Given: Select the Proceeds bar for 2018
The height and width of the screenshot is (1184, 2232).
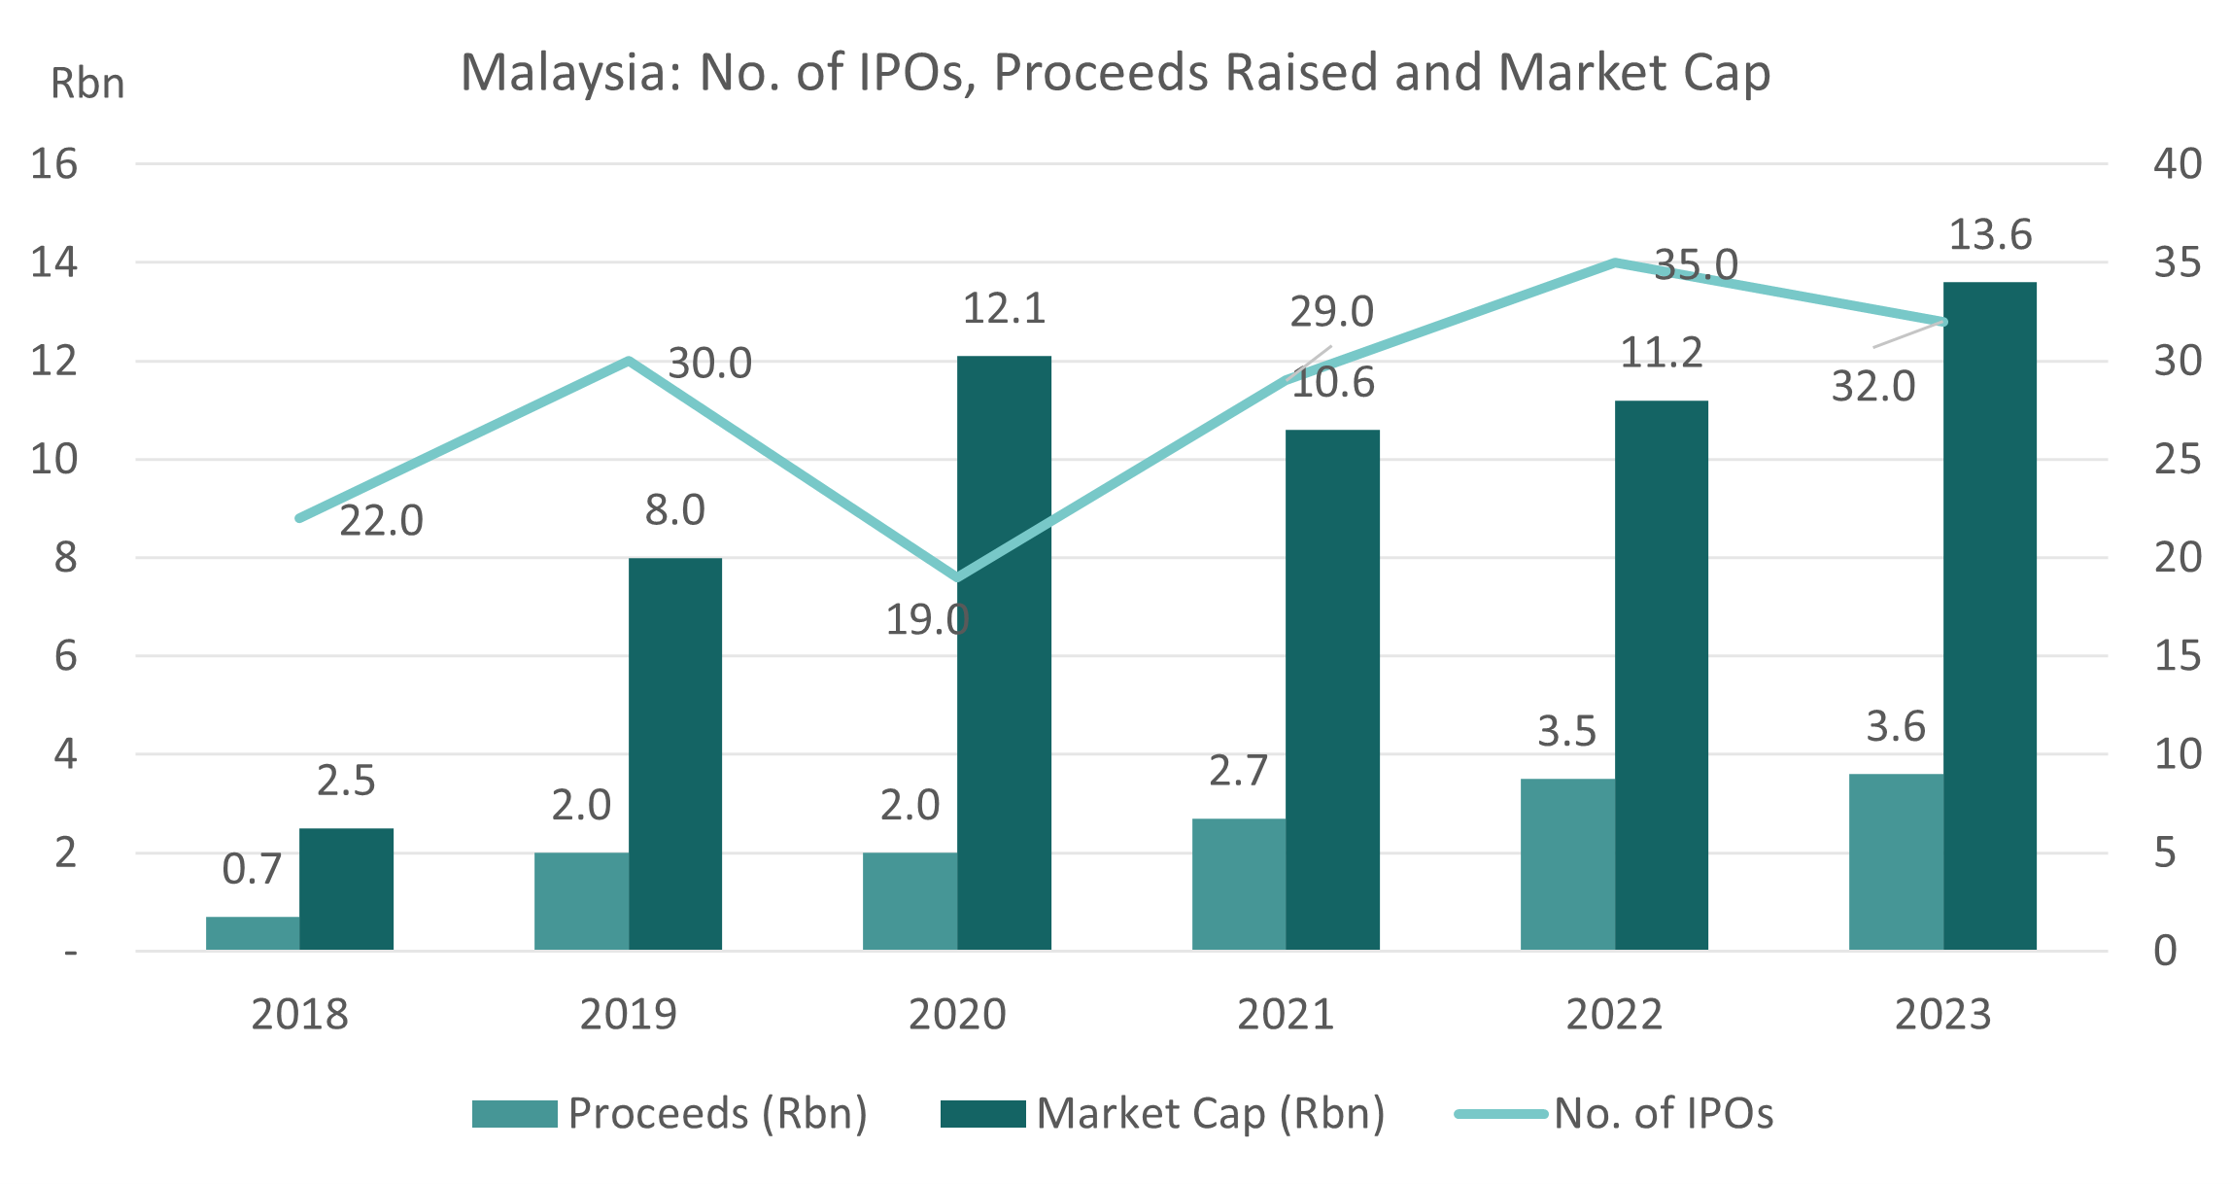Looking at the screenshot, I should click(x=253, y=932).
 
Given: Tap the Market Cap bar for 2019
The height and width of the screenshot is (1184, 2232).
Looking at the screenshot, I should click(x=675, y=753).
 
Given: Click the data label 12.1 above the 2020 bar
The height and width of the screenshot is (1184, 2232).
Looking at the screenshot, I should click(x=1004, y=309).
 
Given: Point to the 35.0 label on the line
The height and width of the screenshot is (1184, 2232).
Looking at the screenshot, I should click(x=1696, y=264).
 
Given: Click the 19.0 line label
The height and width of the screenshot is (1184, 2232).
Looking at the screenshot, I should click(x=926, y=620).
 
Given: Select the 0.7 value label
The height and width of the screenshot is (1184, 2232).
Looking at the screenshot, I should click(x=252, y=869).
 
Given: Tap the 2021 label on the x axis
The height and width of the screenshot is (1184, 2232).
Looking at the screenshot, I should click(x=1285, y=1015).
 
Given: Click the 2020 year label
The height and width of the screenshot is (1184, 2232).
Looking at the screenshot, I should click(x=956, y=1015).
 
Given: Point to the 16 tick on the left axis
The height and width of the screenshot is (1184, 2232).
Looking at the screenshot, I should click(x=53, y=163).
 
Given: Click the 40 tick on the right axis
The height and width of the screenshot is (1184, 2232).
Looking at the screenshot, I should click(x=2178, y=163).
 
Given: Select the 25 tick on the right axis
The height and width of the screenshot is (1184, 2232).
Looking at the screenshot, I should click(x=2178, y=459).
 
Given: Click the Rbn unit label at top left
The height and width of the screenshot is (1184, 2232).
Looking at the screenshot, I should click(x=87, y=84).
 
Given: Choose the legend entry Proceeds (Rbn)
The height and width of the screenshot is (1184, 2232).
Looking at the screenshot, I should click(x=670, y=1114).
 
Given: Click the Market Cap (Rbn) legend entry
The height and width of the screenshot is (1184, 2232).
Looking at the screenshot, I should click(x=1164, y=1114).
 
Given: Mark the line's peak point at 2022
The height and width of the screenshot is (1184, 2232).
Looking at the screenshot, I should click(x=1614, y=261).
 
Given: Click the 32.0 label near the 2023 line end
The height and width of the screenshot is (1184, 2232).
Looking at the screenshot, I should click(x=1872, y=387).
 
